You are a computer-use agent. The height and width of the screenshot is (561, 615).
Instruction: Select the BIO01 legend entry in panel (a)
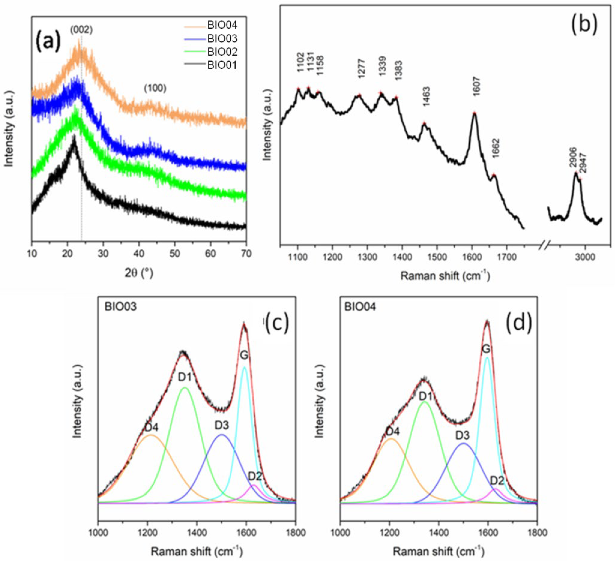pyautogui.click(x=222, y=65)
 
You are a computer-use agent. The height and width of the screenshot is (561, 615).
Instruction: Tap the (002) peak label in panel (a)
pyautogui.click(x=81, y=30)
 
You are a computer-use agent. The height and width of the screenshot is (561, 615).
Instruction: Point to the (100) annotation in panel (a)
pyautogui.click(x=155, y=88)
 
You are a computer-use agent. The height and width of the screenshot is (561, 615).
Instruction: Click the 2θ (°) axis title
pyautogui.click(x=139, y=273)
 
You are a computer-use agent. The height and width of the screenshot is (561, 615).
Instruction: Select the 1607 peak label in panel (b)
pyautogui.click(x=476, y=87)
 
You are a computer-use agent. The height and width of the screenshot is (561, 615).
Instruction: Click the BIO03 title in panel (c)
pyautogui.click(x=121, y=307)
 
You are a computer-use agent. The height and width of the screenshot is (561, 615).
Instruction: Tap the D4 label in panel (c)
pyautogui.click(x=152, y=428)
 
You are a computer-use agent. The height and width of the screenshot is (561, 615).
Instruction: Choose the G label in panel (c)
pyautogui.click(x=244, y=355)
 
